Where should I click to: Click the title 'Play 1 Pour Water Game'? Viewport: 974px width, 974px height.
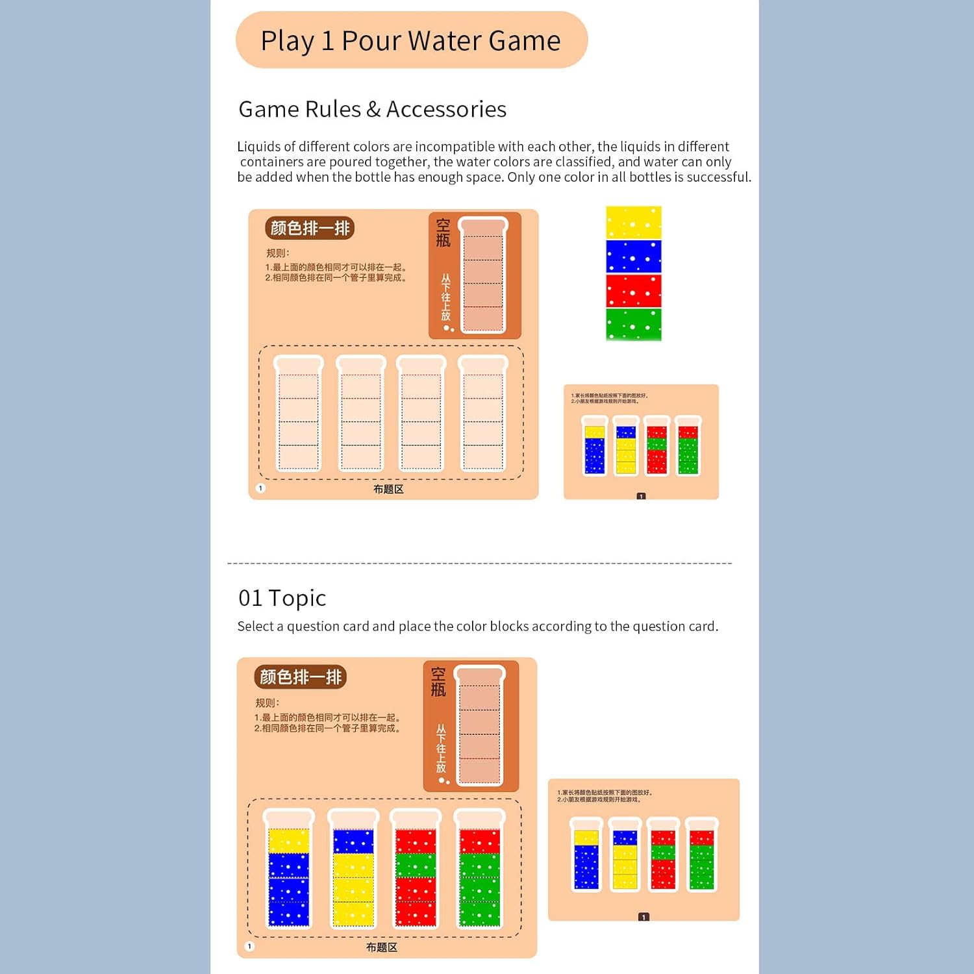410,40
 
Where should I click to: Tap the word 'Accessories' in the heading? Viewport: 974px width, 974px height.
446,109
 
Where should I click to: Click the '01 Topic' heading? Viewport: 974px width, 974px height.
282,597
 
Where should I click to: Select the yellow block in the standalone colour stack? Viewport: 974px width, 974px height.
633,223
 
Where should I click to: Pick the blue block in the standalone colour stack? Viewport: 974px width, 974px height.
633,256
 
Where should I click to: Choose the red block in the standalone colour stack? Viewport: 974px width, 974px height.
633,290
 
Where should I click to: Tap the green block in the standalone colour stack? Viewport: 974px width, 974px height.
633,324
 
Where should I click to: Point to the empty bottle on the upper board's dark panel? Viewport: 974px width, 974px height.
483,275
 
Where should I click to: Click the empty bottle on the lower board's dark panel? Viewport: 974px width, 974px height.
480,725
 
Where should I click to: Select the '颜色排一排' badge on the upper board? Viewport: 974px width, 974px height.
310,228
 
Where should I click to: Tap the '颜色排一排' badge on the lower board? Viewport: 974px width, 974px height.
300,677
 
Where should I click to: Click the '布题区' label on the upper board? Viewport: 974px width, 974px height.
388,489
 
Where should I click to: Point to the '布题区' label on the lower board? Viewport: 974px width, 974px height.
381,947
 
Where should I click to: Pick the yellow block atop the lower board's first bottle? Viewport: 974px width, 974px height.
288,841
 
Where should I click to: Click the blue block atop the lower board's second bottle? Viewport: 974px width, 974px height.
353,842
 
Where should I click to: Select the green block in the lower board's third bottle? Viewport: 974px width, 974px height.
416,866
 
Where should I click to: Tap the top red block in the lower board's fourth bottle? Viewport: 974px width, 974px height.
479,842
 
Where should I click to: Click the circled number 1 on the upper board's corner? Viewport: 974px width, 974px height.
260,488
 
